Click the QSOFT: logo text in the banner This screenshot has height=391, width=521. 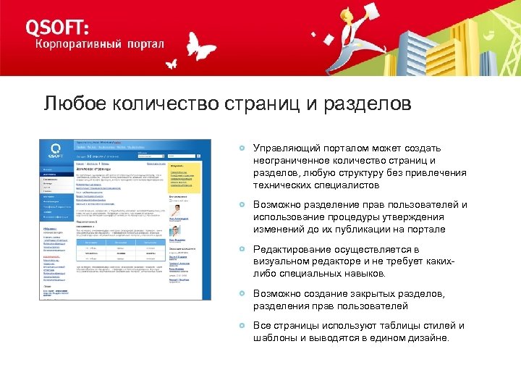point(58,27)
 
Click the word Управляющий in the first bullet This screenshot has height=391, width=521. point(285,148)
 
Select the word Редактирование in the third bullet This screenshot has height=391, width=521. point(292,249)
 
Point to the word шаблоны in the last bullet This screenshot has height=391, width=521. point(275,338)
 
